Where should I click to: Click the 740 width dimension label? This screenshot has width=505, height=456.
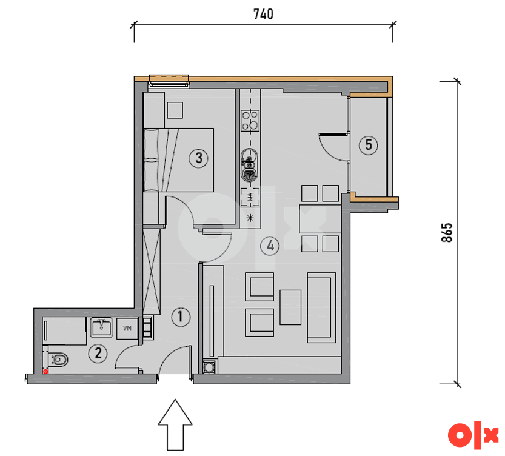point(263,14)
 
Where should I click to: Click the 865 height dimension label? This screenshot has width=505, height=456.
point(447,232)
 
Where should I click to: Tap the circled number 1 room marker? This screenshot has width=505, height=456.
point(181,317)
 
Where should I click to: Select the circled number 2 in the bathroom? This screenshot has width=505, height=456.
point(98,354)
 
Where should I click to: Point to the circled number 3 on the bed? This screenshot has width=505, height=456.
point(198,158)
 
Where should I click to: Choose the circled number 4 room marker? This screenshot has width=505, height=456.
point(270,246)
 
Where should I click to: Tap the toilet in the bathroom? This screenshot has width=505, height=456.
point(58,359)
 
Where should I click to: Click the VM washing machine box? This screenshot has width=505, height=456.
point(127,329)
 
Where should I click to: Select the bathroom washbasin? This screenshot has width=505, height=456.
point(101,327)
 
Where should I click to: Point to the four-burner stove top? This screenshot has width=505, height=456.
point(250,121)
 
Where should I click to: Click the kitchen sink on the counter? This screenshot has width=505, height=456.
point(250,164)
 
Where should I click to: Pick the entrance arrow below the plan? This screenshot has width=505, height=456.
point(175,424)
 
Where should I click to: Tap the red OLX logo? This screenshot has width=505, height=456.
point(473,435)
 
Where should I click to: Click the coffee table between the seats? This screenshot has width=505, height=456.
point(290,307)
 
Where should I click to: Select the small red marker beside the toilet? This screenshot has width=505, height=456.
point(45,371)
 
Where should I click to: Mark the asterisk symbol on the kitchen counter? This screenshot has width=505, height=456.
point(250,218)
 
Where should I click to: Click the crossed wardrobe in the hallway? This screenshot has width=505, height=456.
point(152,271)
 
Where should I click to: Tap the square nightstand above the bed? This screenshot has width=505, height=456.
point(175,110)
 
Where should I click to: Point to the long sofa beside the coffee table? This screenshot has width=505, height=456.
point(321,307)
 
